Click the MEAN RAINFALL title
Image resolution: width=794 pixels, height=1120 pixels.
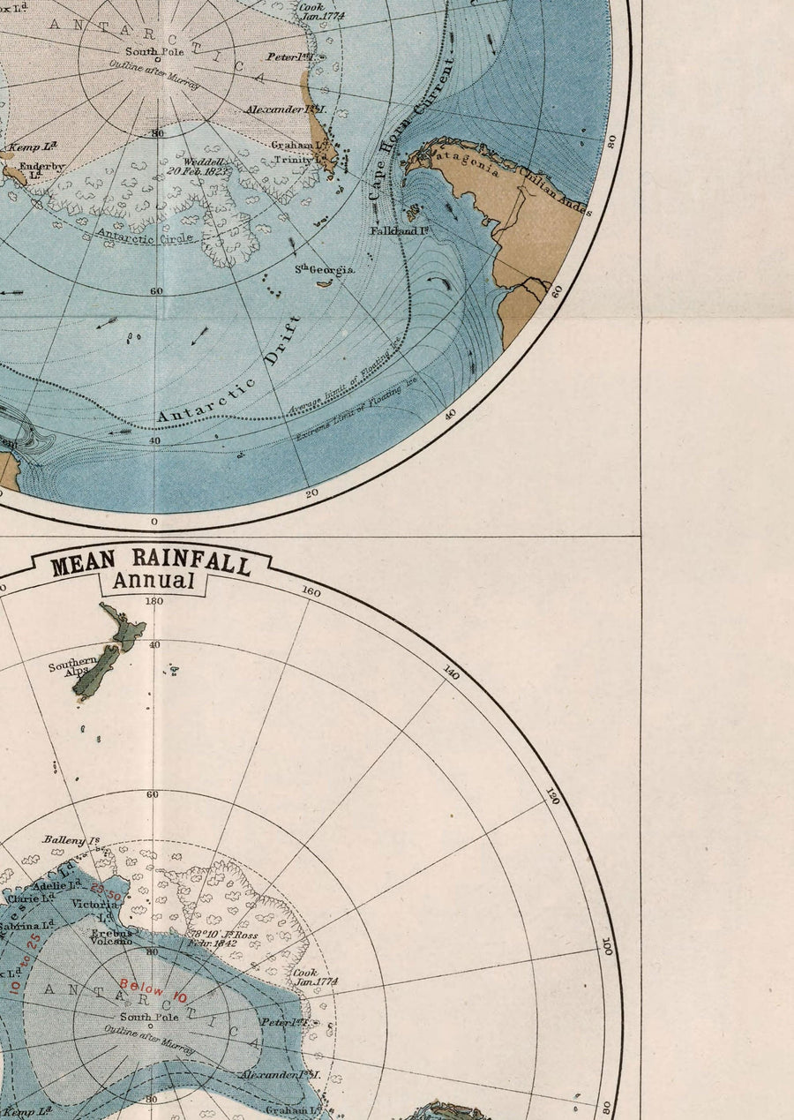(x=150, y=561)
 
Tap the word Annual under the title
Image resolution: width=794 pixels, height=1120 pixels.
(x=153, y=581)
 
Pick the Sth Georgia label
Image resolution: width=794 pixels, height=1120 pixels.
(x=325, y=270)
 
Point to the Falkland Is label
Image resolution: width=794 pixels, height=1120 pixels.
(x=400, y=230)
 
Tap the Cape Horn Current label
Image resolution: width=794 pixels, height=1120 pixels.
(x=408, y=128)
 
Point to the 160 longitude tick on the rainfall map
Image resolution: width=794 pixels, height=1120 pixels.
(x=311, y=591)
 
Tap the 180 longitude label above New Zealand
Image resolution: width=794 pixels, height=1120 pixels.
(x=154, y=601)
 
